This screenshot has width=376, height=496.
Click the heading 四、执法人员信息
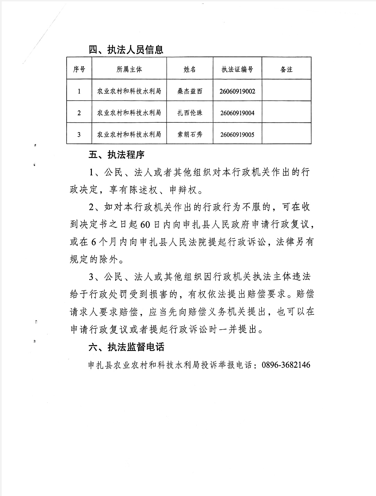coord(126,50)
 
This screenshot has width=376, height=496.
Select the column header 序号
coord(79,69)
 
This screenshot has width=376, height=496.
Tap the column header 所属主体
coord(129,69)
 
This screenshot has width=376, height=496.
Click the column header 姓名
coord(190,69)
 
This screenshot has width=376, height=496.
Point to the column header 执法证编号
coord(237,69)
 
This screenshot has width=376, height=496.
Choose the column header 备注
coord(287,69)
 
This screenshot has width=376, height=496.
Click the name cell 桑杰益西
coord(190,91)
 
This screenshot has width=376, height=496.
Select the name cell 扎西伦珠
coord(190,113)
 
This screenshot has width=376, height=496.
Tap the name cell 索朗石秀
coord(190,134)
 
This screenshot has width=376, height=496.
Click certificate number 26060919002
coord(237,91)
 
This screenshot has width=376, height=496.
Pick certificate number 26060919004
coord(237,113)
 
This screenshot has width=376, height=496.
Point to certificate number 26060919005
coord(237,134)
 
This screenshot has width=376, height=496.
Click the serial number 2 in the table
coord(79,113)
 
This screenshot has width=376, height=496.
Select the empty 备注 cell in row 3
coord(287,134)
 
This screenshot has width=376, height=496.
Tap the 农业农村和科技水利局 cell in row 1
coord(129,91)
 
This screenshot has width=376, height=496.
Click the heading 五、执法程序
coord(117,155)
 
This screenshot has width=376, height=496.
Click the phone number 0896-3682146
coord(286,365)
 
